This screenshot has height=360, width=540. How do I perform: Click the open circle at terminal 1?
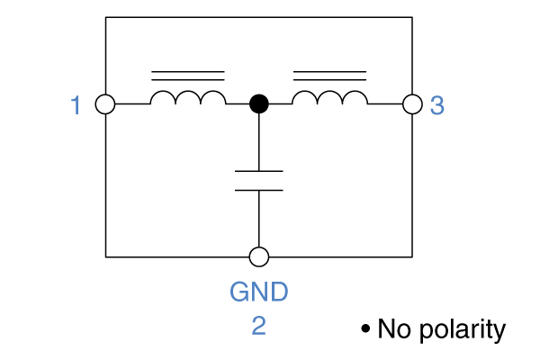coord(105,104)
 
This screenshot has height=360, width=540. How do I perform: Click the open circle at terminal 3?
coord(412,104)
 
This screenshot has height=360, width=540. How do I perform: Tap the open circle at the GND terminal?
coord(259,257)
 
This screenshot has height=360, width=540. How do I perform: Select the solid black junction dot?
coord(259,104)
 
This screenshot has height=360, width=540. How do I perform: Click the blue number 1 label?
coord(76,105)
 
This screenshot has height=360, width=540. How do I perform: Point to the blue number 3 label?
coord(437,105)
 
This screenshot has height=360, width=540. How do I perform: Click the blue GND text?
coord(259,292)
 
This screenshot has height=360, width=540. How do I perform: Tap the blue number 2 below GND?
coord(258,325)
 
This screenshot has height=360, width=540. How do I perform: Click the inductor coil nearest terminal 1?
coord(188,97)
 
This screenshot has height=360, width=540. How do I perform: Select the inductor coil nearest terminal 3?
coord(329,97)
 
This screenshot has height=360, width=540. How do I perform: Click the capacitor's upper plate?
coord(259,170)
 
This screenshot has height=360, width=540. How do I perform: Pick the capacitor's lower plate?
coord(259,190)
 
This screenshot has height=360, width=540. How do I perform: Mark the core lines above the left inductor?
coord(188,75)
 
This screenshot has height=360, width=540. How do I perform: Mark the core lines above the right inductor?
coord(329,75)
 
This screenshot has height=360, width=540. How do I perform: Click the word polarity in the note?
coord(460,329)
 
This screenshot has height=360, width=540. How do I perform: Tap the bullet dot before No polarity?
coord(365,329)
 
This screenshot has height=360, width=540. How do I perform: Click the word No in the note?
coord(393,329)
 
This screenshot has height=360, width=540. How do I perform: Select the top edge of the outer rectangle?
coord(259,16)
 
